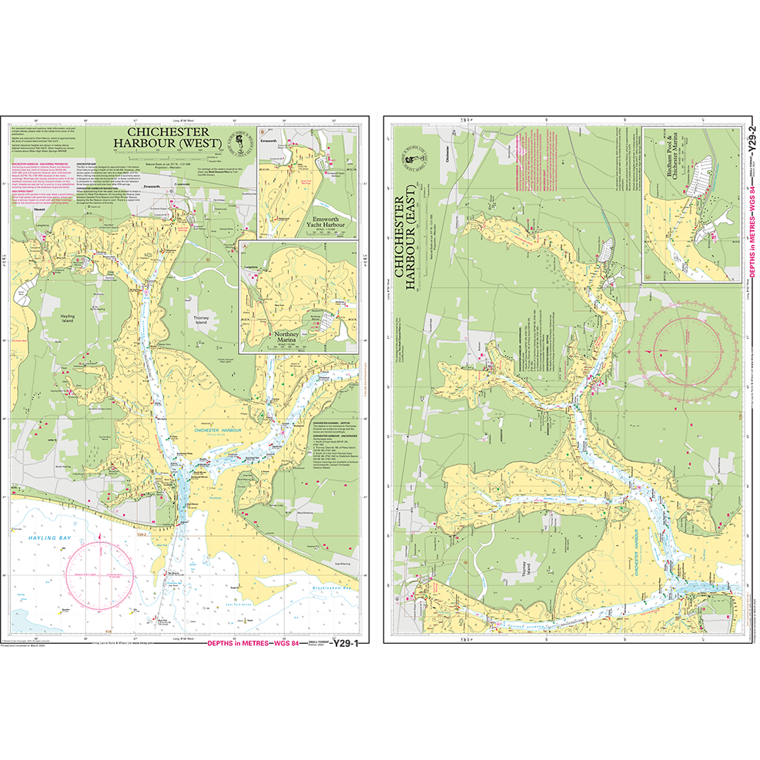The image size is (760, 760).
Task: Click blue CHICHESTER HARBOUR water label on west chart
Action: (x=219, y=429)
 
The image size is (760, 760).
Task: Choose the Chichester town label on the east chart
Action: (x=447, y=159)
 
